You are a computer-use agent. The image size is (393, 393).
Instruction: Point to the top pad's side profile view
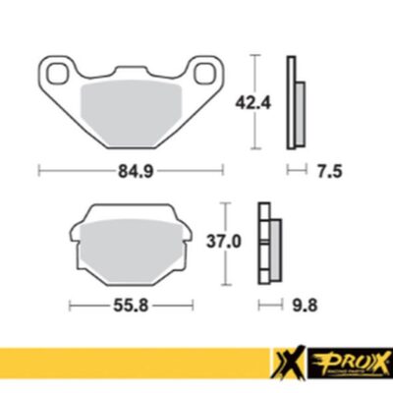tap(293, 102)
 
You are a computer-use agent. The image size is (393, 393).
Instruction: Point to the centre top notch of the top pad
tap(131, 69)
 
